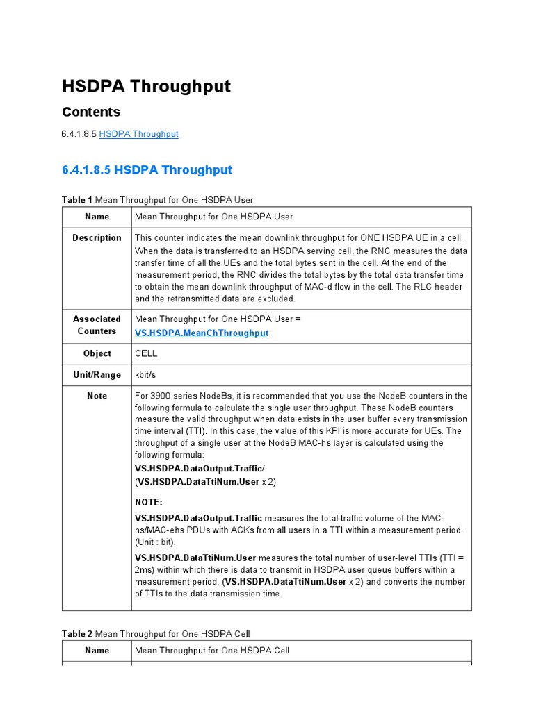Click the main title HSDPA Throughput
tap(146, 86)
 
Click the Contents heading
tap(91, 112)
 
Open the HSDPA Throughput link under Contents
tap(138, 134)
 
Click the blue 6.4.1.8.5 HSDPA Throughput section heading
tap(147, 170)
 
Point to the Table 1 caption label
tap(76, 200)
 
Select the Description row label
tap(97, 238)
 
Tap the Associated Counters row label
tap(97, 325)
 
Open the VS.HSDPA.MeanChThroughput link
tap(201, 333)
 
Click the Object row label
tap(97, 353)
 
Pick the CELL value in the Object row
tap(146, 353)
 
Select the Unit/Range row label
tap(97, 375)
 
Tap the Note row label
tap(97, 396)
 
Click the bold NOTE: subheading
tap(149, 502)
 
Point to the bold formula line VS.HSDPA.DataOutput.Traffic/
tap(200, 469)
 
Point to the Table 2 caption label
tap(76, 634)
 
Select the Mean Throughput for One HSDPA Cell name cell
tap(211, 651)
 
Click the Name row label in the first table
tap(97, 217)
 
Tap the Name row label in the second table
tap(97, 651)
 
